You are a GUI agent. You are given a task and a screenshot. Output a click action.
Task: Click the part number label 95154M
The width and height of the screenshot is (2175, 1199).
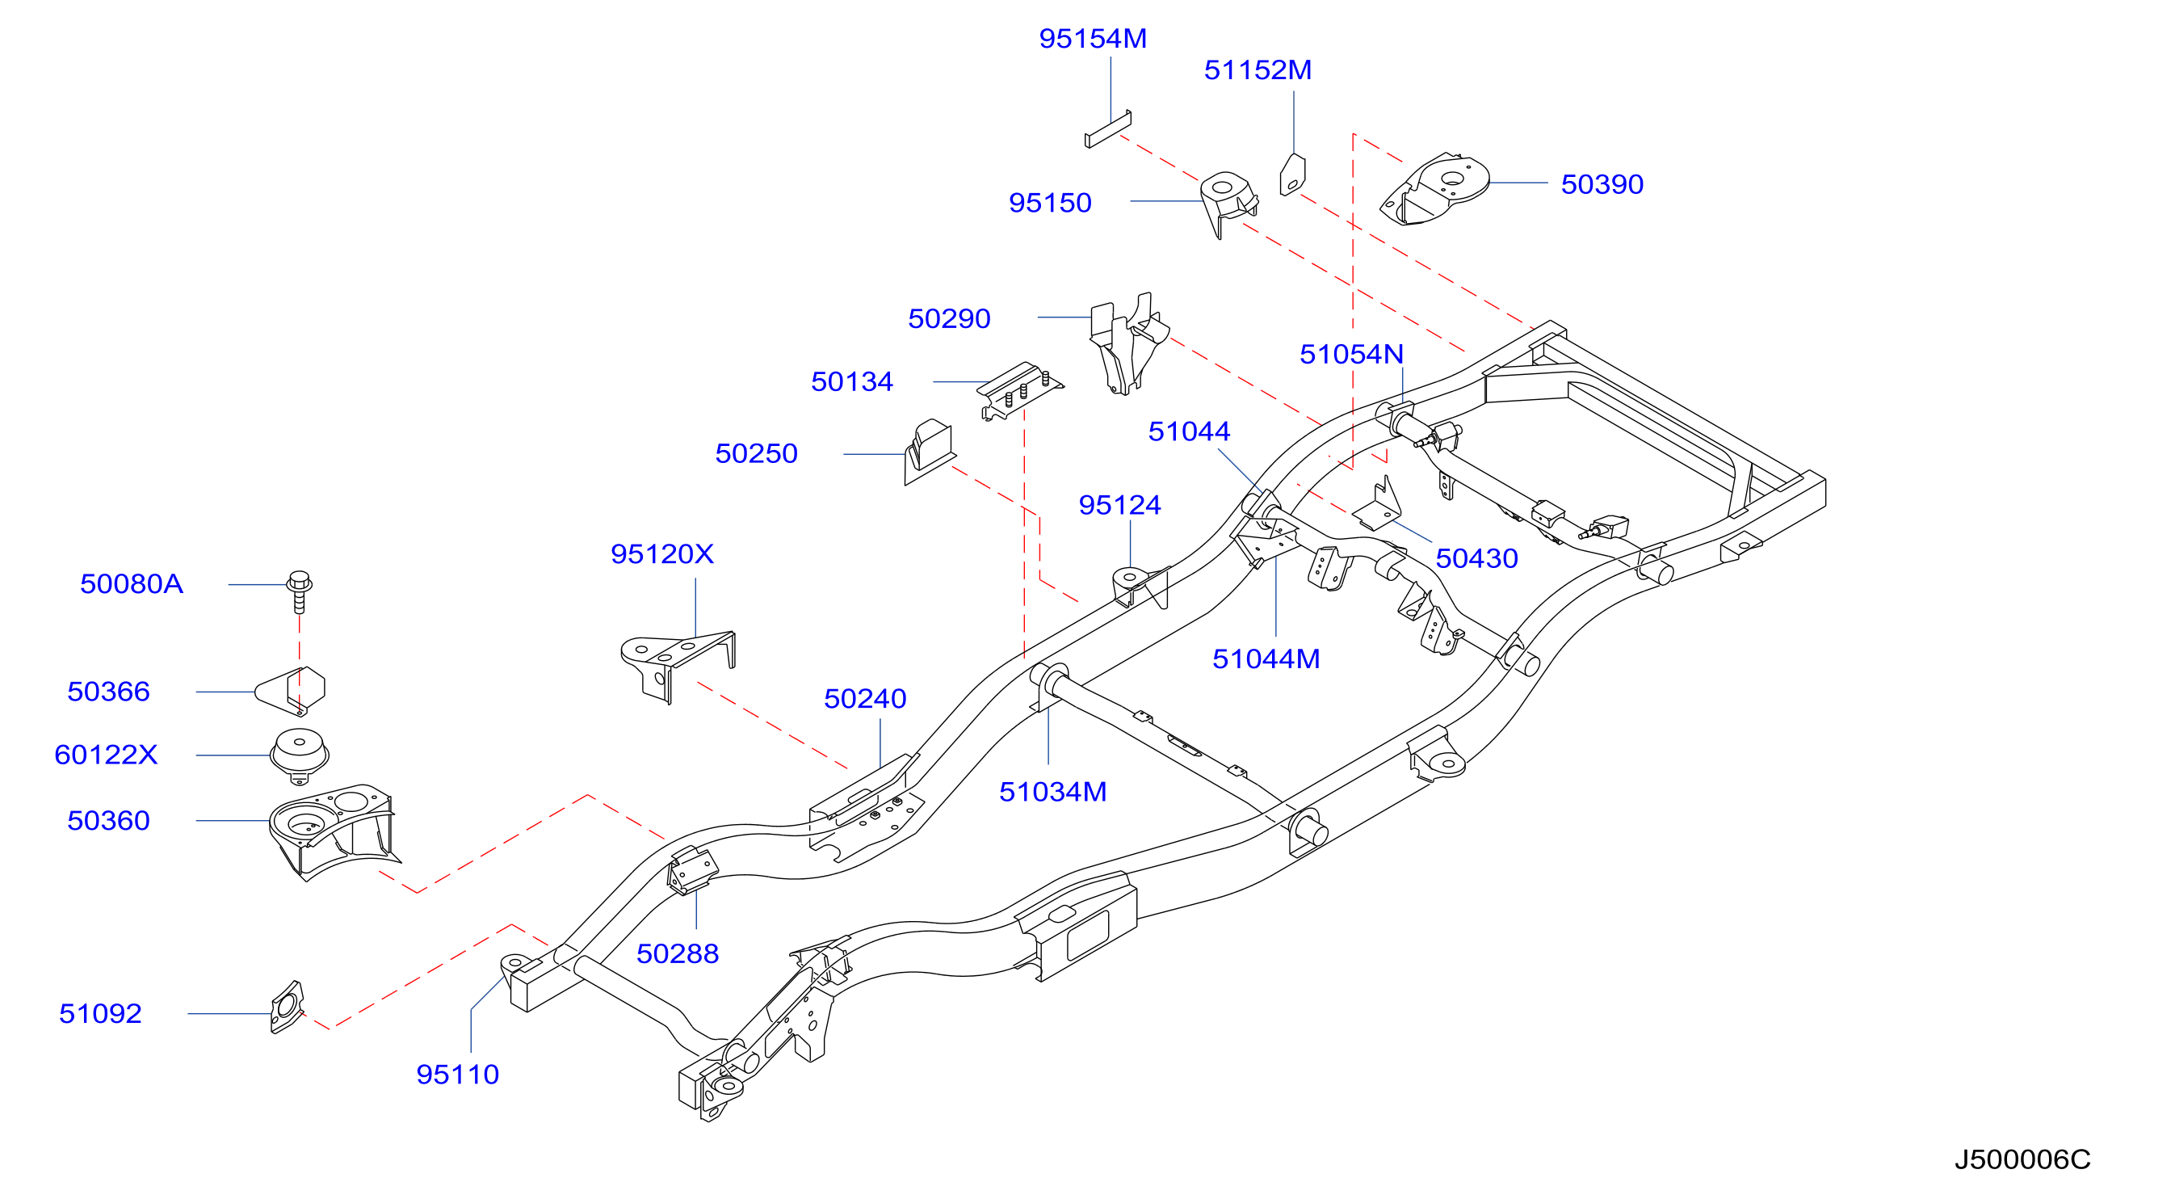point(1093,39)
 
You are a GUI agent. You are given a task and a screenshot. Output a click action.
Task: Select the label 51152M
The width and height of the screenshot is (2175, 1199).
point(1258,70)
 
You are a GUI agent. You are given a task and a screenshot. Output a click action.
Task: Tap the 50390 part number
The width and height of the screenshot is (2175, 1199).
point(1602,184)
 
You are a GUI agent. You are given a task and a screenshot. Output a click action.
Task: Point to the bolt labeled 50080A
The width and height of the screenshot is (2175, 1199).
point(300,592)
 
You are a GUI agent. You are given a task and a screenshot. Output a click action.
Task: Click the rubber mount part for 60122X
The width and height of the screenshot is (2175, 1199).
point(299,753)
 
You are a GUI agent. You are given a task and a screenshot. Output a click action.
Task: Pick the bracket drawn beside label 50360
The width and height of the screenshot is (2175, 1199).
point(334,831)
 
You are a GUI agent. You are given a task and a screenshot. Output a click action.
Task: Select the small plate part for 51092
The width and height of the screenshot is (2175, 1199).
point(287,1008)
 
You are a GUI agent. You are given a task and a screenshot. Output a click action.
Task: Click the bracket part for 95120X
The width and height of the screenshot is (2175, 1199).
point(677,663)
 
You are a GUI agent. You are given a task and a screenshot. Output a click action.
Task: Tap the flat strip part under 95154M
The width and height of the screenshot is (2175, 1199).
point(1108,130)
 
